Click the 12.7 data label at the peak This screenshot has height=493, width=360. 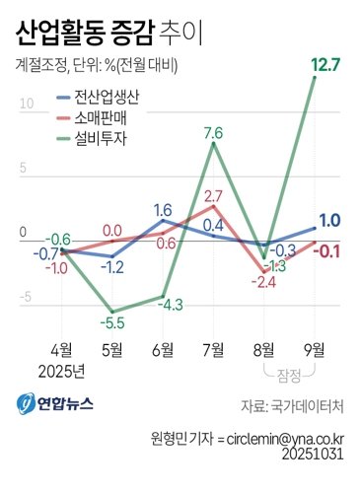(x=324, y=66)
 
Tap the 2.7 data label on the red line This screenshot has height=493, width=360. (x=212, y=195)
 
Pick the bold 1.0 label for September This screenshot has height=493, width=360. (x=331, y=221)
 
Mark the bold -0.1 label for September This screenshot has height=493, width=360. (x=328, y=249)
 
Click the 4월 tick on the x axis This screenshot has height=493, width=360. (x=61, y=349)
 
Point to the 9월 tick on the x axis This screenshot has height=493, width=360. (x=316, y=349)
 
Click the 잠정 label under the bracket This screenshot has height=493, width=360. (x=290, y=373)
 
